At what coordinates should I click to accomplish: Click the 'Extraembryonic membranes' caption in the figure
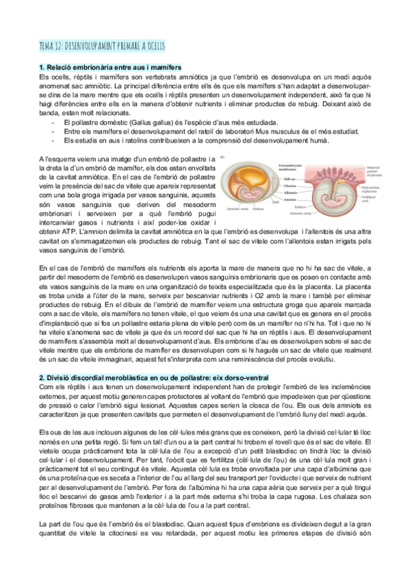294,166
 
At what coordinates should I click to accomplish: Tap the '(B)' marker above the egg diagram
223,158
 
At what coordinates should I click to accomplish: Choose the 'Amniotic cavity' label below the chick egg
240,208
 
